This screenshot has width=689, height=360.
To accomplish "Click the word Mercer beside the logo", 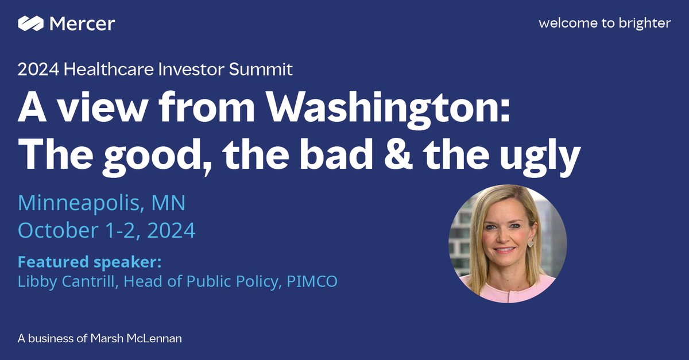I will (x=82, y=24).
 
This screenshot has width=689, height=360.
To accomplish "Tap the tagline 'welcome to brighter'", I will (x=605, y=24).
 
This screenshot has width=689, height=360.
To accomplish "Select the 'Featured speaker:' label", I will (x=90, y=262).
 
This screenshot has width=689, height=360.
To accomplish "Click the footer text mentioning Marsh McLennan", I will (x=99, y=339).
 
